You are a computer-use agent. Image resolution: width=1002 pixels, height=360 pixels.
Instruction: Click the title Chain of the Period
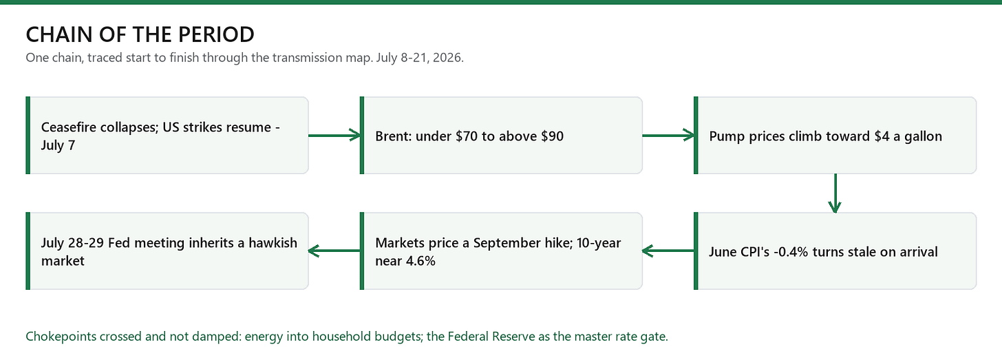pos(140,34)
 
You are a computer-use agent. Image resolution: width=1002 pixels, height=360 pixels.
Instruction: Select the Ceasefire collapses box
pos(167,135)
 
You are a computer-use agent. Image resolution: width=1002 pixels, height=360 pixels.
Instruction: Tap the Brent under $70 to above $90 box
pos(501,135)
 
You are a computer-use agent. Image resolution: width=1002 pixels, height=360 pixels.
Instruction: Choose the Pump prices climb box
pos(835,135)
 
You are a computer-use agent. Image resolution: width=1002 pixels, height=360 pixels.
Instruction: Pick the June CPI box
pos(835,251)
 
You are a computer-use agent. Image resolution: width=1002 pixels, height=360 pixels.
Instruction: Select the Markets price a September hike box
pos(501,251)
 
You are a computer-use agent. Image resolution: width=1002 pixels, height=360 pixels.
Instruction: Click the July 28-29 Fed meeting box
pos(167,251)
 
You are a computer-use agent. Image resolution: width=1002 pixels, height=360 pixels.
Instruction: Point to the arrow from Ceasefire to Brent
pos(334,135)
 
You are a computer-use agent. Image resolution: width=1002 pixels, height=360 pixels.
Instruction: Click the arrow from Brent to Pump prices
pos(668,135)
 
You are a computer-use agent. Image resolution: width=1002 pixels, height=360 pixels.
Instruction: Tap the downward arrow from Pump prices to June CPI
pos(835,193)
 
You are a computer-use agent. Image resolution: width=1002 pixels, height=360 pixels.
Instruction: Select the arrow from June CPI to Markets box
pos(668,251)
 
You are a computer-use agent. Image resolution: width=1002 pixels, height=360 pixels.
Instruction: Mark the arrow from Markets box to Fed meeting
pos(334,251)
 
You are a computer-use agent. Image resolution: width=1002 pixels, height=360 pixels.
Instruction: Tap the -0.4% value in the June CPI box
pos(791,252)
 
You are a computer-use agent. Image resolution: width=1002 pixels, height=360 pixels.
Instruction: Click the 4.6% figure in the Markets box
pos(420,261)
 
